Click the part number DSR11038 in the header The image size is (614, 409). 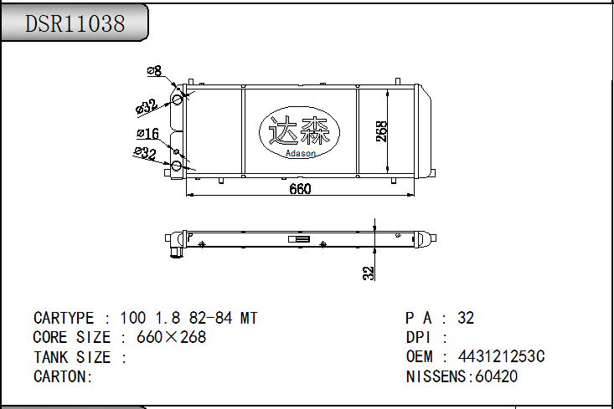tap(75, 23)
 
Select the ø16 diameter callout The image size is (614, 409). tap(148, 134)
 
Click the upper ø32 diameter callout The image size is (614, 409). tap(146, 106)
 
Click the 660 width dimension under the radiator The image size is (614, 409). tap(300, 189)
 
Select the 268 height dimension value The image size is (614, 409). tap(382, 131)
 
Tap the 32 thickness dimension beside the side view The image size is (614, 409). tap(368, 273)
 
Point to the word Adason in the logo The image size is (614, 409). tap(300, 153)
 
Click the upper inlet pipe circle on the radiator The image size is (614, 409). tap(178, 99)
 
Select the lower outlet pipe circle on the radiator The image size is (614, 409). tap(178, 165)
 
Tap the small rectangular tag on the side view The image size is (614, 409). tap(299, 239)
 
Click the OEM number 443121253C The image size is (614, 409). tap(501, 357)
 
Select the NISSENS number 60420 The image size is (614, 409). tap(496, 376)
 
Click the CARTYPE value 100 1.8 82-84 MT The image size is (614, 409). tap(188, 318)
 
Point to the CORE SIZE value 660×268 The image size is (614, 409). tap(171, 338)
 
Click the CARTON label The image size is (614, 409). tap(63, 376)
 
